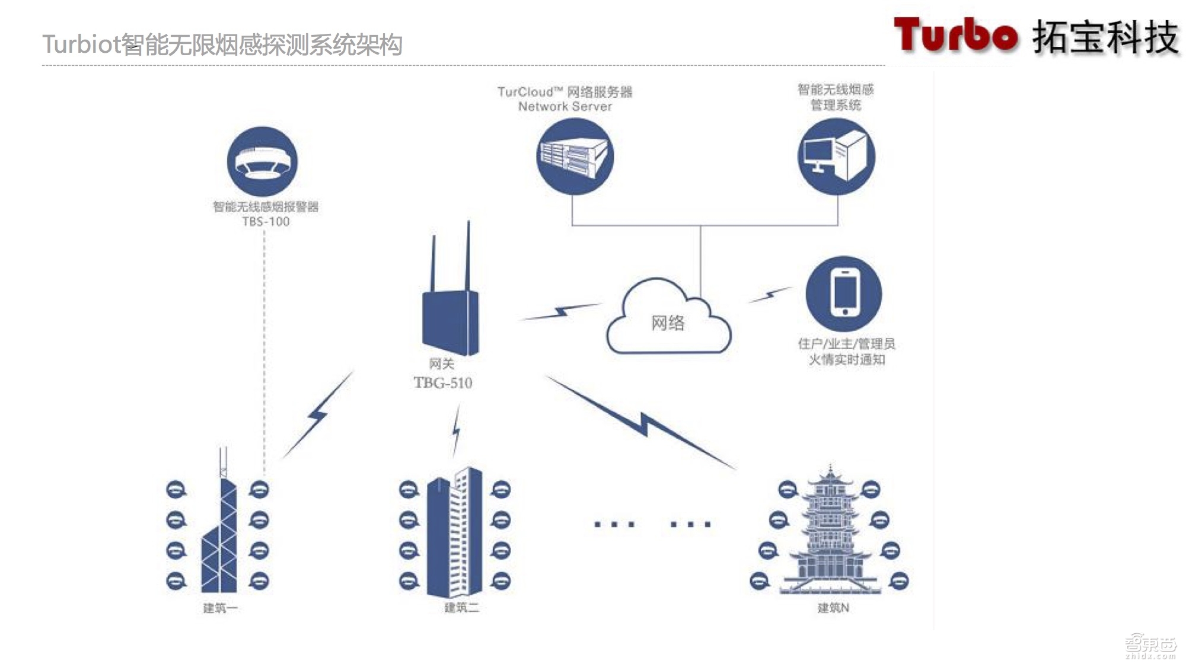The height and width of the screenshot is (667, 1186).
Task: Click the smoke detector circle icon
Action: [x=263, y=161]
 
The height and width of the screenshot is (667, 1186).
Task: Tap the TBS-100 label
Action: [x=266, y=222]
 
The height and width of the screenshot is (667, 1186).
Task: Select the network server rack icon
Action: [x=575, y=157]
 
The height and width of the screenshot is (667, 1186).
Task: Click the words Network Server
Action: [x=565, y=107]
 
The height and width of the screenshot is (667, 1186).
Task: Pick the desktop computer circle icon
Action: [x=836, y=157]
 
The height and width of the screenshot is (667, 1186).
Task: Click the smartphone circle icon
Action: [x=844, y=294]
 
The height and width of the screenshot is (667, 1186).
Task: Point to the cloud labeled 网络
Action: [x=668, y=320]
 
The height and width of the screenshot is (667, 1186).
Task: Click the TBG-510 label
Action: [x=443, y=383]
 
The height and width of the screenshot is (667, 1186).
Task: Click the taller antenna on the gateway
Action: [x=468, y=255]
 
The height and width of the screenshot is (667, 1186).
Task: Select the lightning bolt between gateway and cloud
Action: [x=560, y=312]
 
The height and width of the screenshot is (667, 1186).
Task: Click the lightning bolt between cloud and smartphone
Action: [x=770, y=294]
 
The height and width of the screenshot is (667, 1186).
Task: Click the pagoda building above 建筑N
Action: [x=830, y=534]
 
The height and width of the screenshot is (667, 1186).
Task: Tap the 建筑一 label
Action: [x=220, y=608]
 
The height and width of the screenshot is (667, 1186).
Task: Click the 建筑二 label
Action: [x=461, y=608]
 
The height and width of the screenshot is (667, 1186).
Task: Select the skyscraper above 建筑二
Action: [x=455, y=534]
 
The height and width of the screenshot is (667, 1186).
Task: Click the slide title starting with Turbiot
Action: [x=222, y=44]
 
